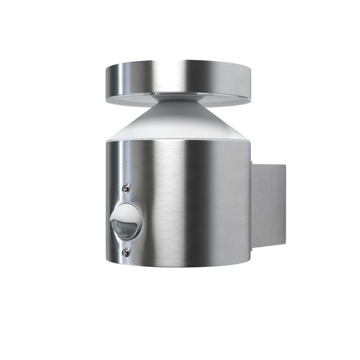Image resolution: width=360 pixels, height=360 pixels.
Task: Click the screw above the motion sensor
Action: click(125, 188)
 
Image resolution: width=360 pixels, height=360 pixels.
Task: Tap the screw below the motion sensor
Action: click(125, 253)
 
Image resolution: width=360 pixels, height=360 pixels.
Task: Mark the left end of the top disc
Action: click(106, 81)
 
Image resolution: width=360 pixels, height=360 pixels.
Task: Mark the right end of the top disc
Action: click(250, 82)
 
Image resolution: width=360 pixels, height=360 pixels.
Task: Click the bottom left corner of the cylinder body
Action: click(107, 255)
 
